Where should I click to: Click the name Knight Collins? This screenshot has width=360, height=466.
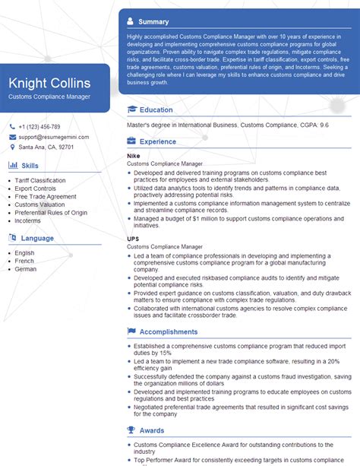tap(49, 83)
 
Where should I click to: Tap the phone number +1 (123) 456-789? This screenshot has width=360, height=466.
tap(39, 126)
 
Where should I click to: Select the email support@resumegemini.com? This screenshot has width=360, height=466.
tap(54, 137)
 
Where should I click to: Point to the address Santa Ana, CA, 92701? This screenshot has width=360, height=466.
tap(46, 147)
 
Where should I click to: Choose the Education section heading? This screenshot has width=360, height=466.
tap(156, 110)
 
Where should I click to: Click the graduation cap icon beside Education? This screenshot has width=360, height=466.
tap(132, 110)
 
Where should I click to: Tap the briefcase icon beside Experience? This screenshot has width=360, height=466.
tap(132, 141)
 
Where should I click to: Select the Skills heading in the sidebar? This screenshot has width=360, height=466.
tap(30, 165)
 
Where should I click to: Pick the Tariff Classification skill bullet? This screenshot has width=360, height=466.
tap(40, 180)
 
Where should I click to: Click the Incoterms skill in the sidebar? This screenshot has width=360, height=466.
tap(29, 220)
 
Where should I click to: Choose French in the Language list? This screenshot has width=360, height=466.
tap(24, 261)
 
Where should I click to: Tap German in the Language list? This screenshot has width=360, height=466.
tap(25, 269)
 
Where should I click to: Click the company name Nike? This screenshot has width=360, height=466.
tap(133, 156)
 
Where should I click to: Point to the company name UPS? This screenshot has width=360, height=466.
tap(133, 239)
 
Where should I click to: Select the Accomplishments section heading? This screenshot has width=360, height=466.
tap(168, 331)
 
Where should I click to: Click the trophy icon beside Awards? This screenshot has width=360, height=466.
tap(132, 430)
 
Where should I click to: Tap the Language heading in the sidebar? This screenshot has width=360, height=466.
tap(37, 238)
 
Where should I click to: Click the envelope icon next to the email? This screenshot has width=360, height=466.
tap(12, 137)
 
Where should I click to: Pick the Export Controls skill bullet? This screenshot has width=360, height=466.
tap(36, 189)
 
